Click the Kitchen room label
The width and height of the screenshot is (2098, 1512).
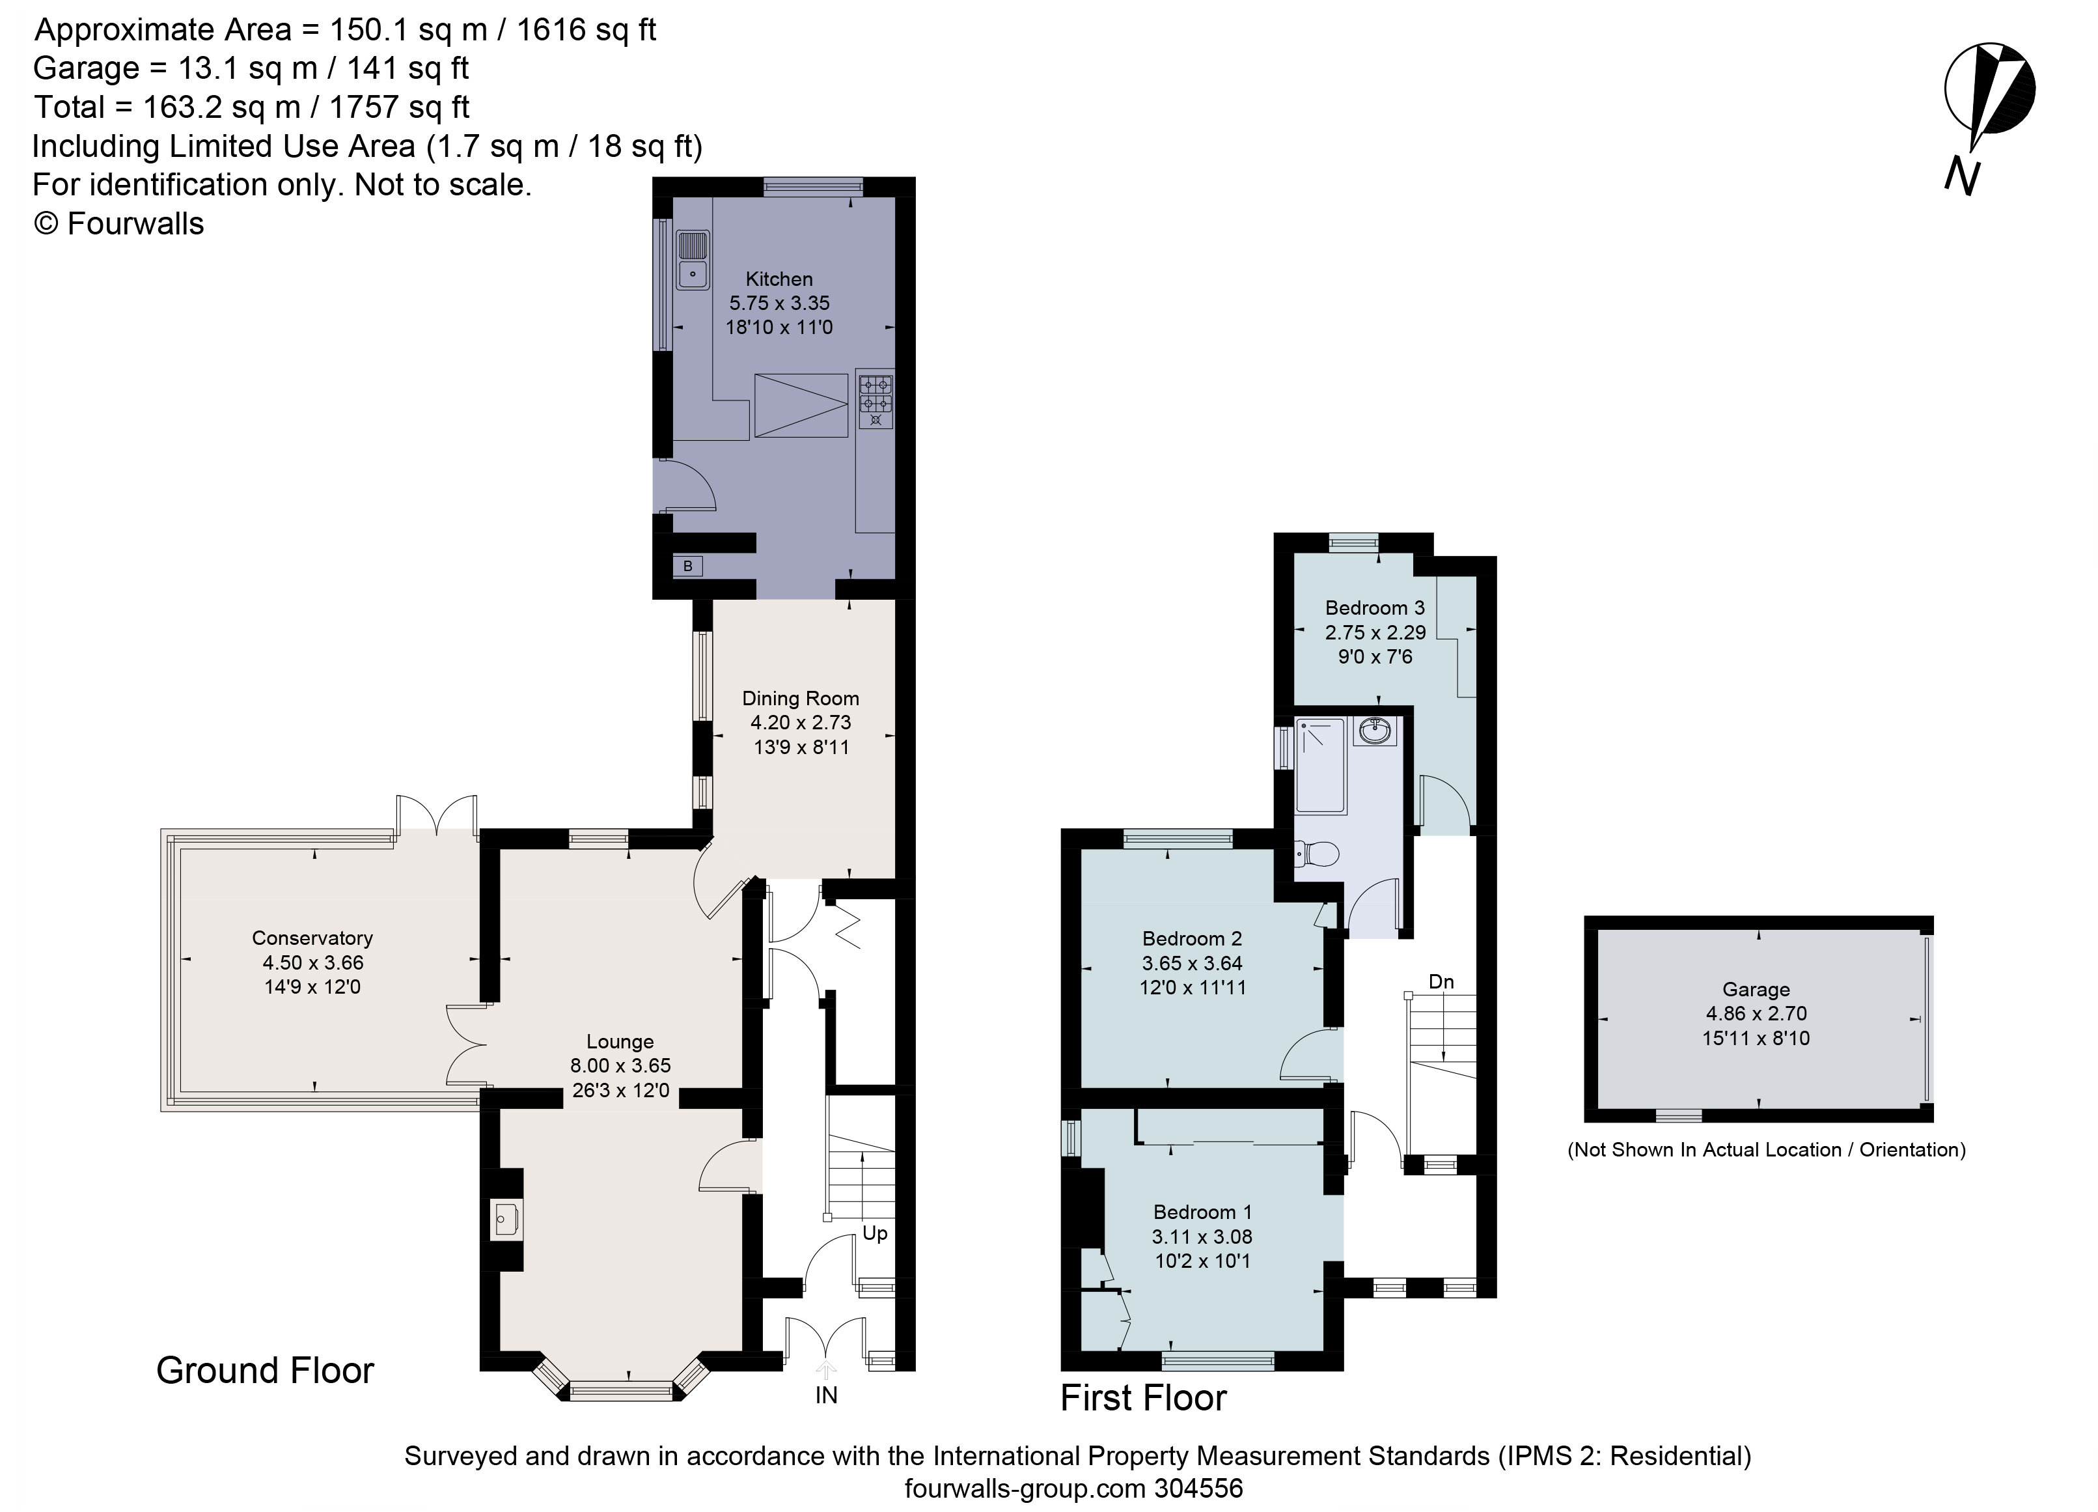[x=779, y=279]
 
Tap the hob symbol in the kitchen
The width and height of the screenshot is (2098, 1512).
[x=875, y=398]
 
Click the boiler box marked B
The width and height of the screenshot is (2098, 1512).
[x=687, y=565]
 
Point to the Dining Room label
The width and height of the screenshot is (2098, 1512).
[x=800, y=699]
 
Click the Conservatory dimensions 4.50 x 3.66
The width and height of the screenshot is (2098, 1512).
[x=312, y=962]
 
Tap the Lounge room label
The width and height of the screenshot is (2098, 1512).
[x=620, y=1041]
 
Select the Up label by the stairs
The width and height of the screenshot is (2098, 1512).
[x=874, y=1233]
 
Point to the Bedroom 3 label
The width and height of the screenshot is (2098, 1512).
[x=1375, y=608]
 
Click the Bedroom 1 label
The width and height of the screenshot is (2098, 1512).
[x=1202, y=1212]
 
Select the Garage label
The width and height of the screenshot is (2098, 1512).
[x=1756, y=989]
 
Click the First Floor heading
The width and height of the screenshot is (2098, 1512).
[x=1142, y=1397]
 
